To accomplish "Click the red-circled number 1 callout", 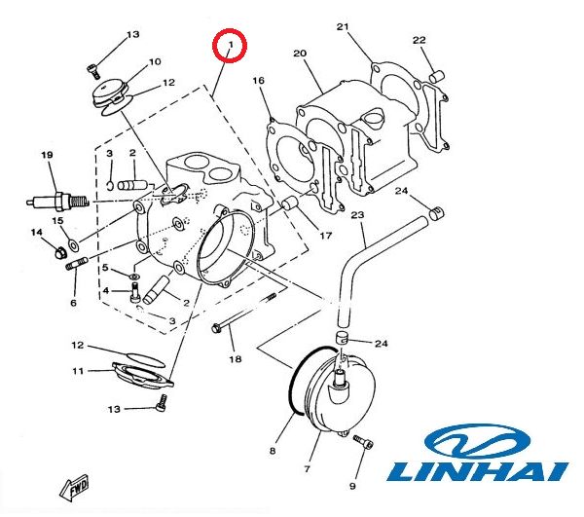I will point(231,46).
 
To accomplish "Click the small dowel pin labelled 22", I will point(437,72).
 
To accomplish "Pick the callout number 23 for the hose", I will point(357,214).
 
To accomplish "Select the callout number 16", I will point(259,81).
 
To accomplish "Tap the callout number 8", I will point(274,451).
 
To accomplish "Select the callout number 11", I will point(78,371).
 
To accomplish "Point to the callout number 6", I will point(72,303).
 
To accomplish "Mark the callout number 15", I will point(58,222).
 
